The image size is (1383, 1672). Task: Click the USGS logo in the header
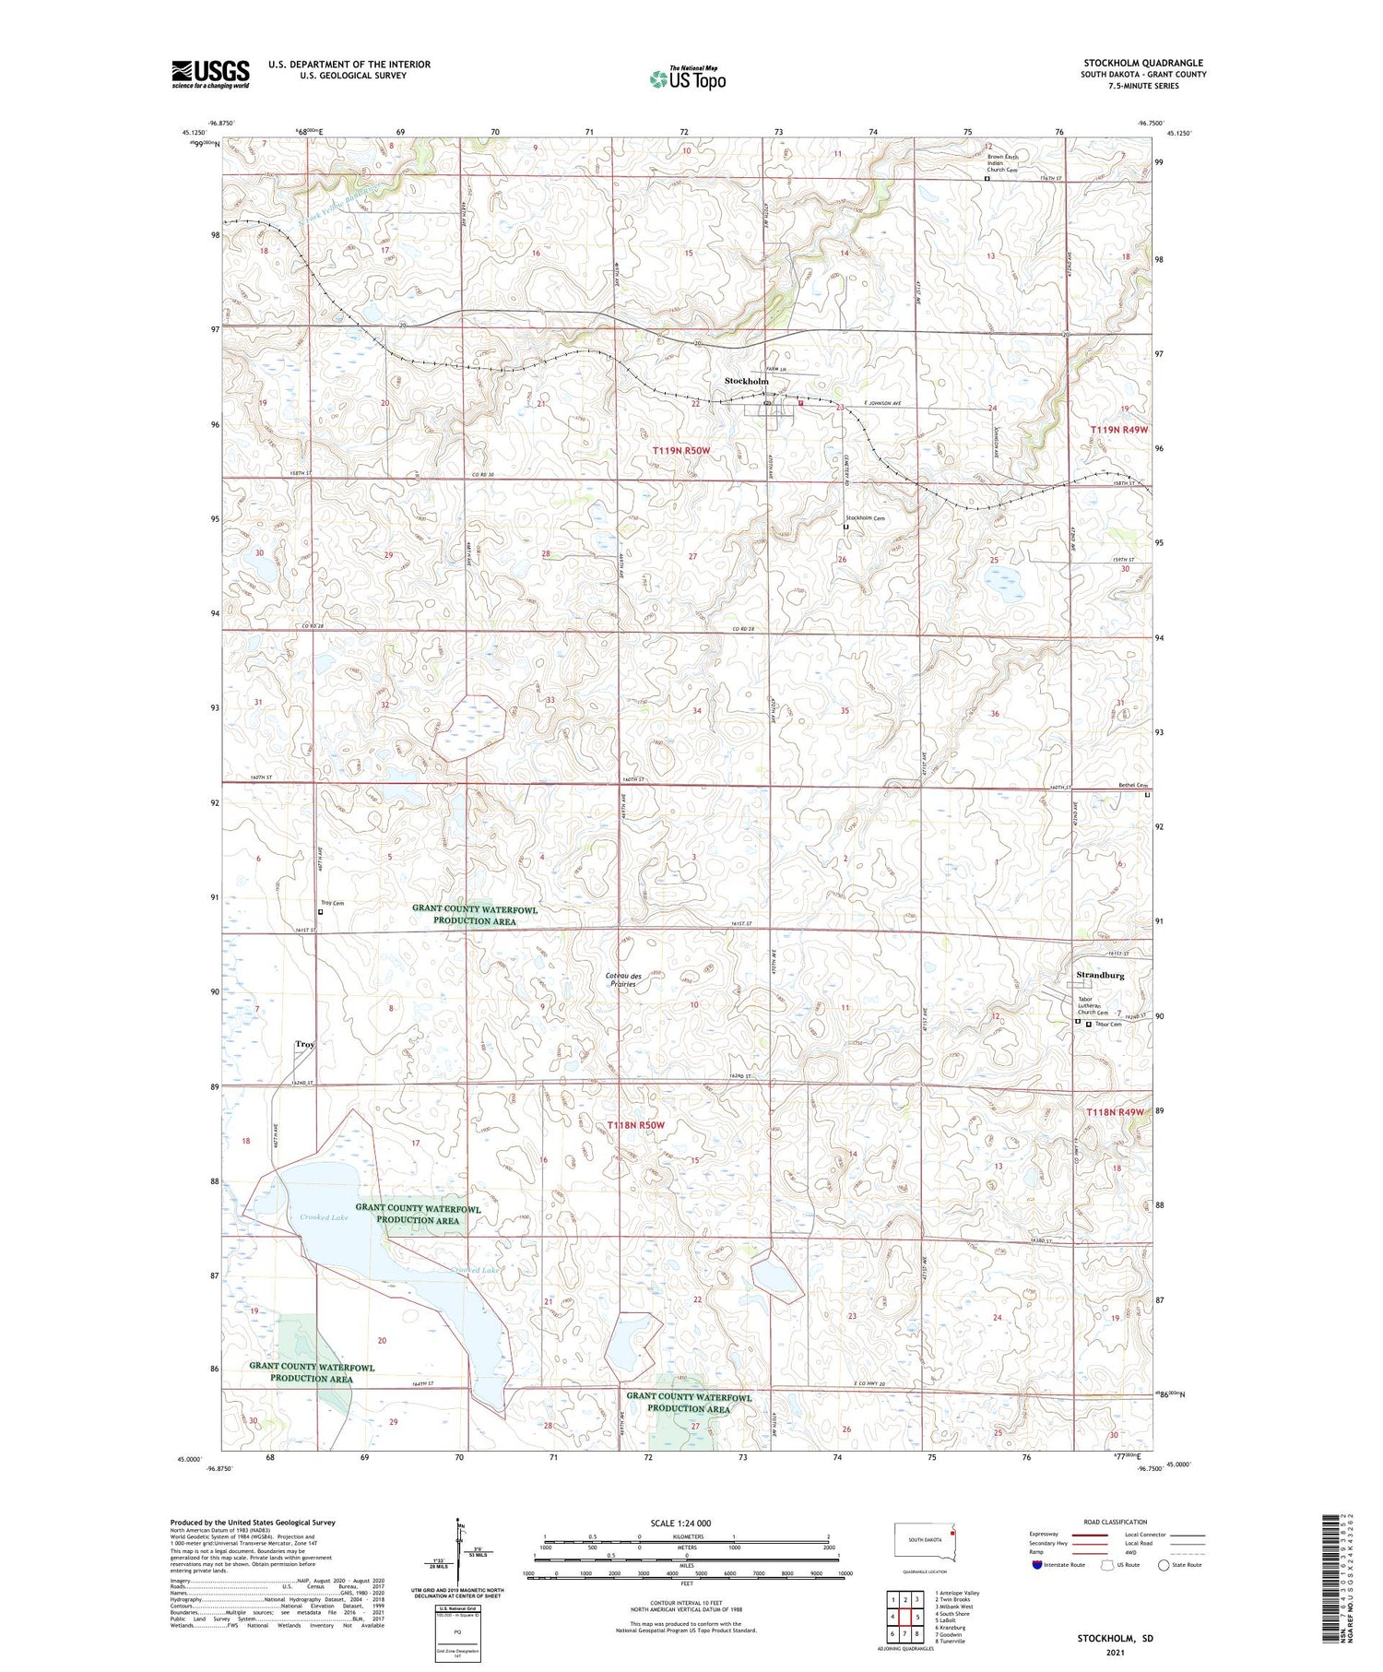click(210, 74)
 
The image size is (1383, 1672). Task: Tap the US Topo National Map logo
click(687, 78)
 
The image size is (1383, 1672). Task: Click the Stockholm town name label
click(746, 381)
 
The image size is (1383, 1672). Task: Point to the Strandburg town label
click(1100, 975)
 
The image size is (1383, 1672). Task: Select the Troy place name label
click(304, 1044)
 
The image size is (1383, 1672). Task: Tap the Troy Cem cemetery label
click(331, 903)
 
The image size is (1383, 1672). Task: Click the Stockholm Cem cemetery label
click(865, 518)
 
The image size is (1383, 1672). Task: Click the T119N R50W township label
click(681, 450)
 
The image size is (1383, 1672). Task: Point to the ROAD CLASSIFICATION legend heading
click(1116, 1522)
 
